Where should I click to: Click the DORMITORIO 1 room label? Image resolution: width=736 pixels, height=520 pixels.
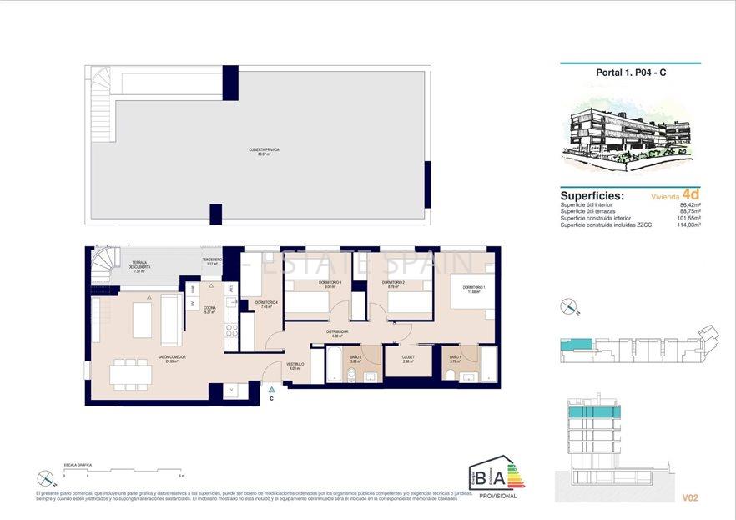(474, 289)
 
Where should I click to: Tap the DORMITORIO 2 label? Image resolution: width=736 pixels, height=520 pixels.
(393, 285)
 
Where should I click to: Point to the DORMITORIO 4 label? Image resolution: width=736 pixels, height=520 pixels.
(267, 304)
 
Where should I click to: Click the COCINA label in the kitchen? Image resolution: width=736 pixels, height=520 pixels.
(209, 310)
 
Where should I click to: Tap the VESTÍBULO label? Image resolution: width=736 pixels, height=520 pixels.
(296, 366)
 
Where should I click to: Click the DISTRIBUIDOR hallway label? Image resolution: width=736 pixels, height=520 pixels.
(337, 333)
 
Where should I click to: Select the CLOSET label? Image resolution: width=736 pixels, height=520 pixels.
(408, 360)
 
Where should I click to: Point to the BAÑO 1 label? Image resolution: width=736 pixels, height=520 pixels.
(456, 360)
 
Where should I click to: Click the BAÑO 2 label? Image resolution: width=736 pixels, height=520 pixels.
(355, 360)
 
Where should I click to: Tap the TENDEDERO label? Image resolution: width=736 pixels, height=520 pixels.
(212, 261)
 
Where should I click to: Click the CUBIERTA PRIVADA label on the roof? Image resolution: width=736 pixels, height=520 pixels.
(264, 152)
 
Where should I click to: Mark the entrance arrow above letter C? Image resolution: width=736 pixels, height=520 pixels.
(271, 389)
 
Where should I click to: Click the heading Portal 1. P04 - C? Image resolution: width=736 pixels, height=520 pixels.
(630, 73)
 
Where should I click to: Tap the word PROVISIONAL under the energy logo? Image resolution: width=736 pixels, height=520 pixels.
(498, 496)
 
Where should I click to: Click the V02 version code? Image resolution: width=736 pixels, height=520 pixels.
(689, 498)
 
